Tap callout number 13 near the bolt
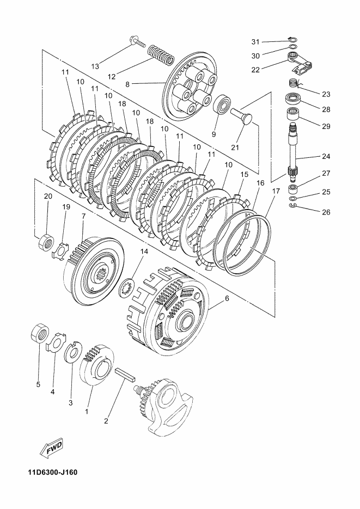pos(95,66)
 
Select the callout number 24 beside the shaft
pos(326,157)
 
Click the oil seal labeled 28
pos(295,100)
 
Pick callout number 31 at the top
pos(255,41)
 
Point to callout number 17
pos(276,191)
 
